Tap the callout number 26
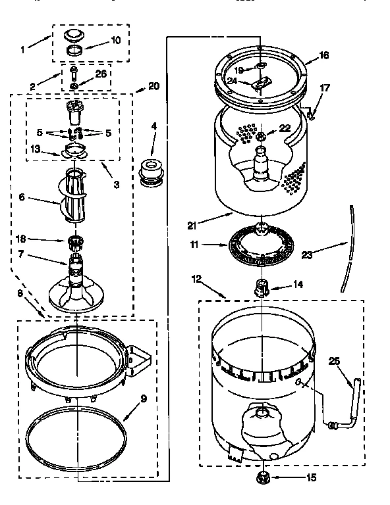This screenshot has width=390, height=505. pos(101,74)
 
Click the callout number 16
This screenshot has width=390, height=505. pos(323,56)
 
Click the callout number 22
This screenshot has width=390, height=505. pos(285,128)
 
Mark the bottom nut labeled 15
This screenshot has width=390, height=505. pos(264,478)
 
